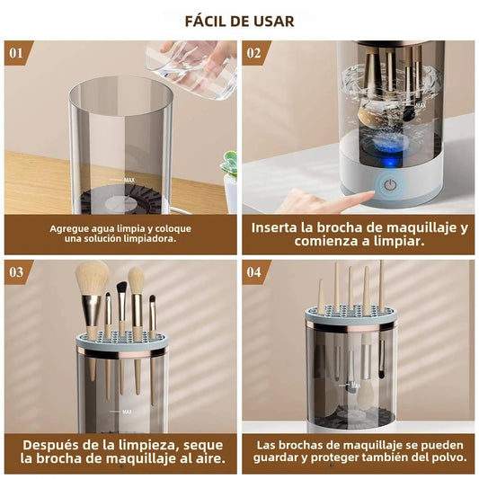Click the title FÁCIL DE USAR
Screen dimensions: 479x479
pyautogui.click(x=239, y=21)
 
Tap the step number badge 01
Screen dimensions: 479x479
pyautogui.click(x=16, y=52)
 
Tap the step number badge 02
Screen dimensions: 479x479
pyautogui.click(x=254, y=52)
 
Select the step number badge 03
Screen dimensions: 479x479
pyautogui.click(x=16, y=271)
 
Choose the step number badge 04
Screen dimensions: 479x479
pyautogui.click(x=254, y=271)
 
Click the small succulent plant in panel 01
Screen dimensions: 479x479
pyautogui.click(x=229, y=165)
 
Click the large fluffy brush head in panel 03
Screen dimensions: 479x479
pyautogui.click(x=92, y=279)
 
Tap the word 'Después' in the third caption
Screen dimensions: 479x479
pyautogui.click(x=50, y=443)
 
